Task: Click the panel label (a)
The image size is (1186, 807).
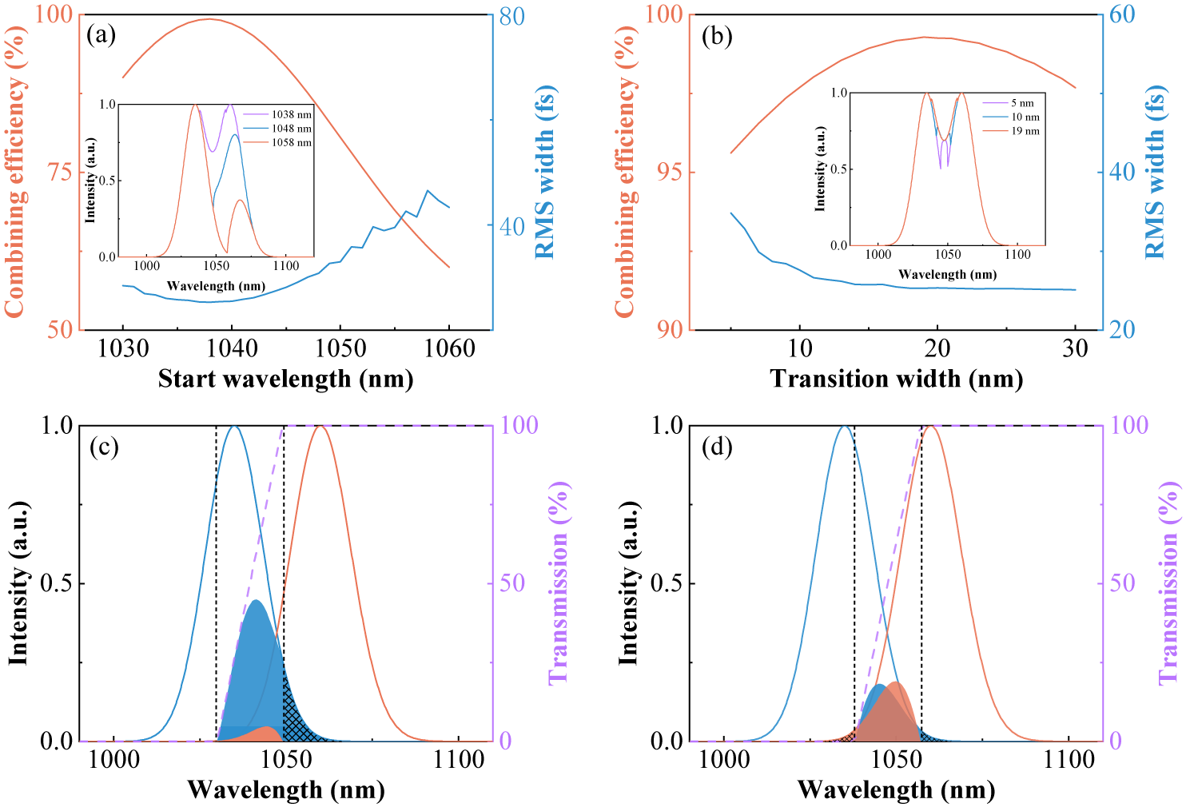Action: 101,35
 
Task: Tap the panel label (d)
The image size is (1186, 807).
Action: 716,447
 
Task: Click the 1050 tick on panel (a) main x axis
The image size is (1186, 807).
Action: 340,349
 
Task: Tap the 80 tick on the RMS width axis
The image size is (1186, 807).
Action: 512,16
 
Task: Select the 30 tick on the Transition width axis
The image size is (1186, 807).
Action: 1076,349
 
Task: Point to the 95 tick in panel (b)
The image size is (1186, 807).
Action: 671,173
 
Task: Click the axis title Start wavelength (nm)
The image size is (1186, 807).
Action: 285,379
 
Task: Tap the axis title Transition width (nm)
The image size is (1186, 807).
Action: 896,379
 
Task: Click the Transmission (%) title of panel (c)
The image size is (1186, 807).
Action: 559,582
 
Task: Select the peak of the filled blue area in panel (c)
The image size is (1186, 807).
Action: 256,601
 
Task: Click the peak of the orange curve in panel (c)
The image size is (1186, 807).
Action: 320,426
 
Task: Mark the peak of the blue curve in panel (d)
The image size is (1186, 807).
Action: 845,426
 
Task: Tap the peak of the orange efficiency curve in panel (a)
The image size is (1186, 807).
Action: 209,19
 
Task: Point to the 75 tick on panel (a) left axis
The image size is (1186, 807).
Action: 61,173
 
